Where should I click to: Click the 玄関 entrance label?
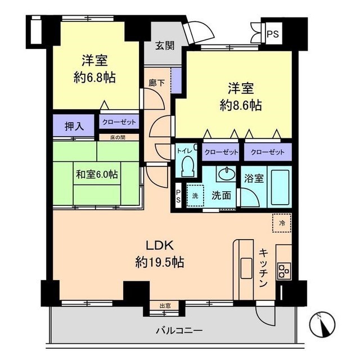tap(165, 46)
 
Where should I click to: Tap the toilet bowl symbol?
tap(188, 166)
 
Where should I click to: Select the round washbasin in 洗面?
tap(227, 174)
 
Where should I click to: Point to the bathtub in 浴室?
tap(280, 187)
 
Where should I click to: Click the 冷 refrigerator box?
tap(282, 223)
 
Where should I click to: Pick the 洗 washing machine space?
tap(195, 196)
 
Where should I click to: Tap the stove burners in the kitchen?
tap(284, 271)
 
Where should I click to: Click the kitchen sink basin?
tap(246, 268)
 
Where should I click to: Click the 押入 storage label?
tap(74, 126)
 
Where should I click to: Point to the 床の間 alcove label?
tap(118, 137)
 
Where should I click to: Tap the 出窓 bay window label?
tap(165, 306)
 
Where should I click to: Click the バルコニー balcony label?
tap(179, 331)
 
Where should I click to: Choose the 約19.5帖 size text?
tap(160, 262)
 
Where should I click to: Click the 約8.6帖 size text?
tap(241, 105)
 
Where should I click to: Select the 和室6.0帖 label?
tap(97, 174)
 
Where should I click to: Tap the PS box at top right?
tap(273, 34)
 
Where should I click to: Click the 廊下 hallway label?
tap(156, 83)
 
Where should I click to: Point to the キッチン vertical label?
tap(264, 268)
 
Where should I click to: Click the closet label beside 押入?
tap(119, 122)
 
